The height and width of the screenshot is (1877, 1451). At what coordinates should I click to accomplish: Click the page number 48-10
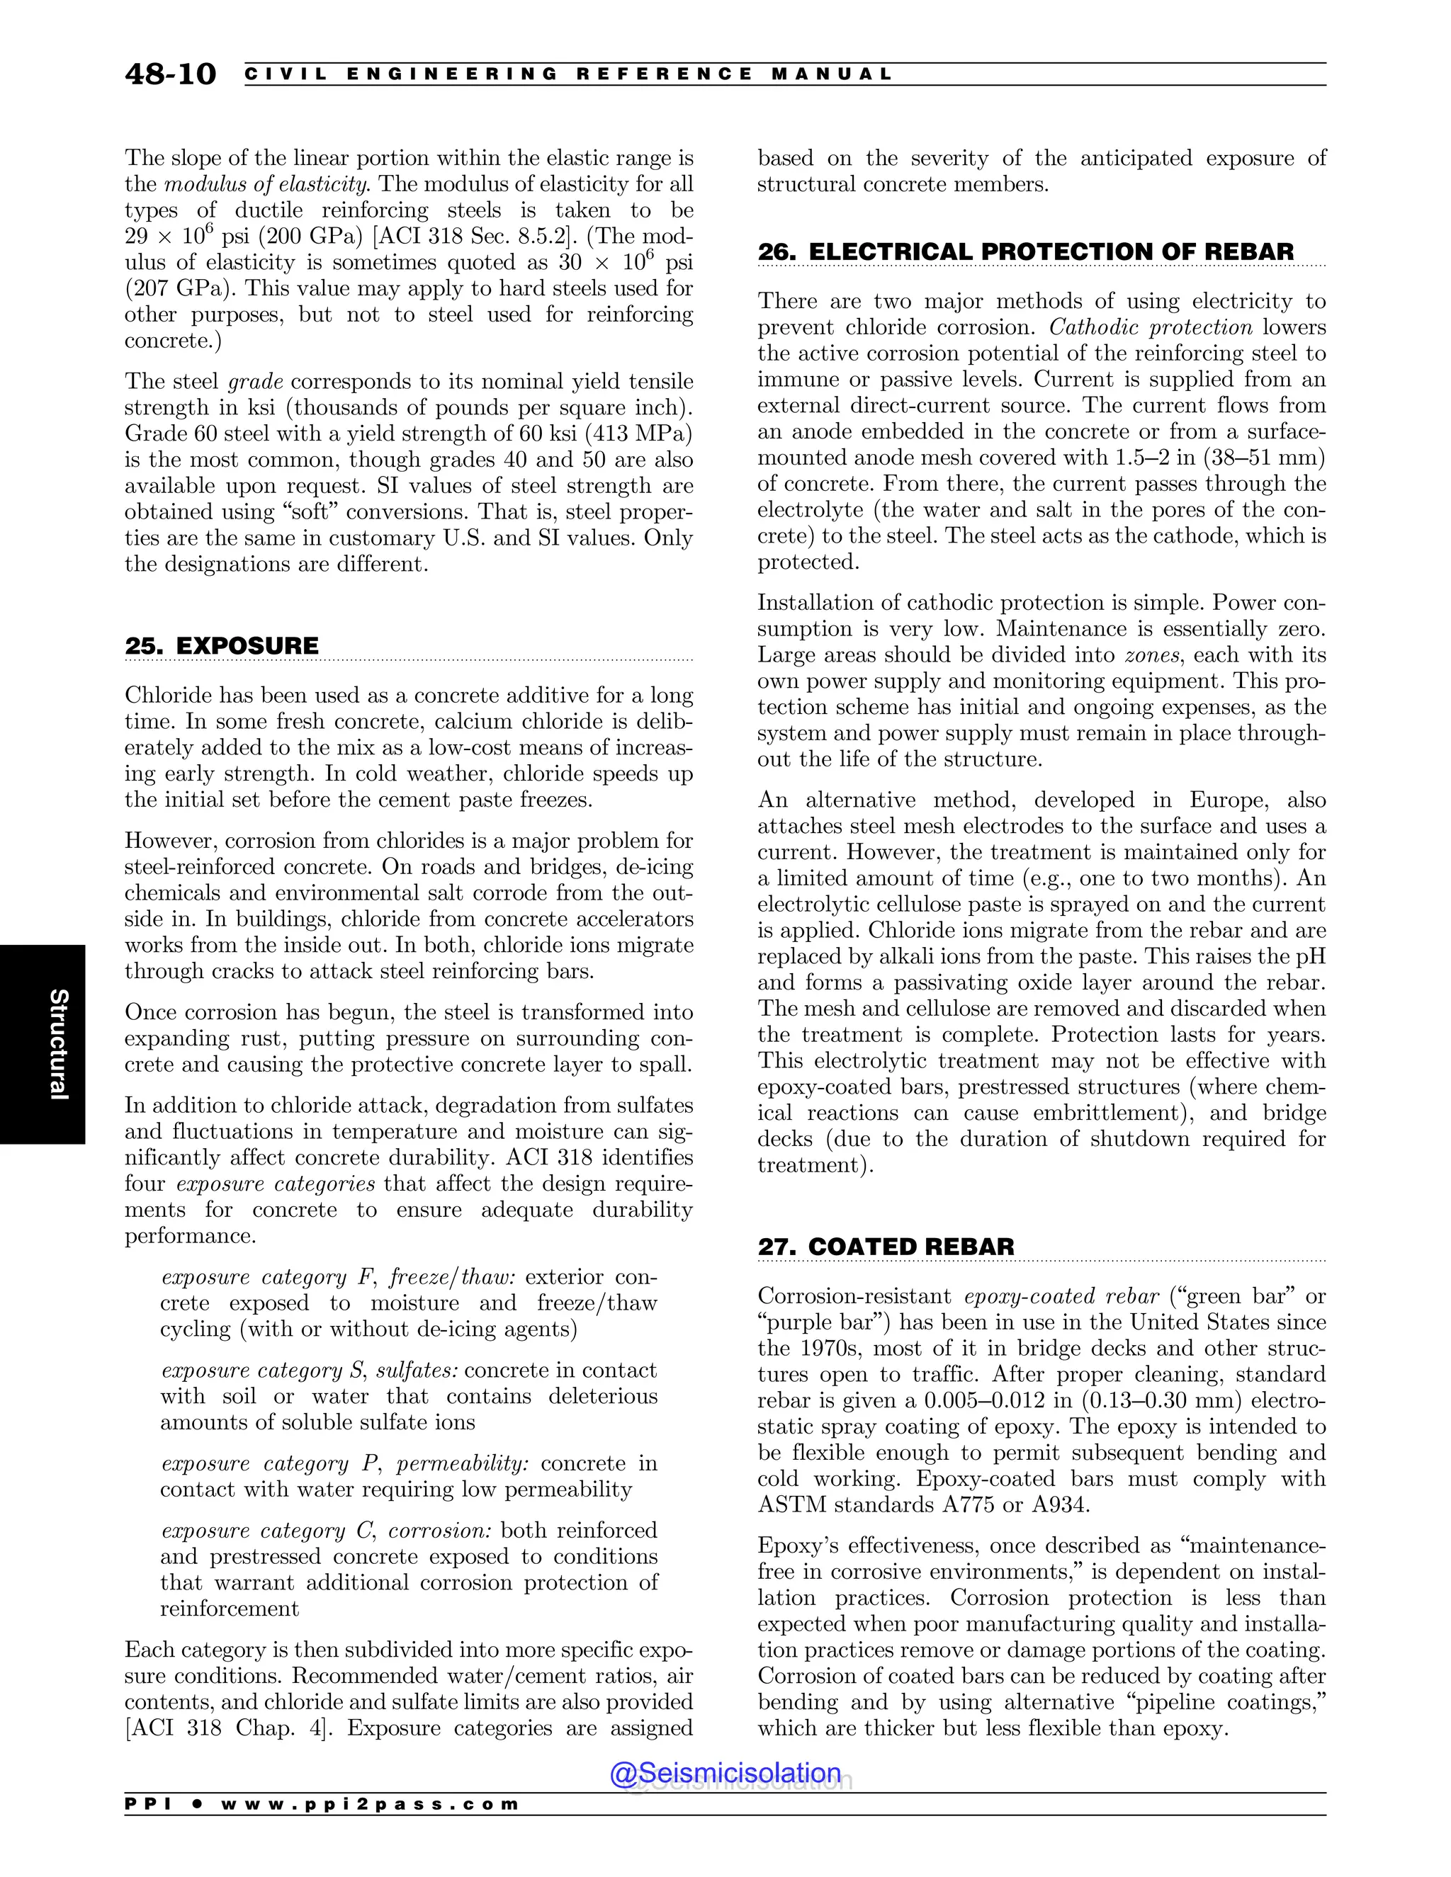[170, 74]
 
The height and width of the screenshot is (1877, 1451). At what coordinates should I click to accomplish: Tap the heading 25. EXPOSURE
[222, 646]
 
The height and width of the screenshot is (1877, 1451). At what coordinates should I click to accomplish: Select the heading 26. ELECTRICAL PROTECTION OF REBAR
[1024, 252]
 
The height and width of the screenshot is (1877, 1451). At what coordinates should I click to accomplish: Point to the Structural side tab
[57, 1044]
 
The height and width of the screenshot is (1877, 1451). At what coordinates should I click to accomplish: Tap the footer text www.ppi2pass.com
[370, 1804]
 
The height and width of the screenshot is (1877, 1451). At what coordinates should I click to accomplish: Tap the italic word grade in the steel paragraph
[255, 382]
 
